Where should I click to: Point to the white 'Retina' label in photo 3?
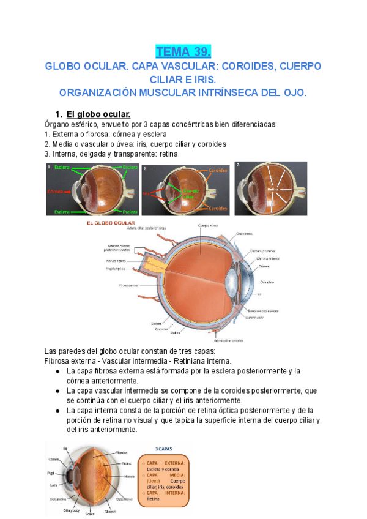click(273, 190)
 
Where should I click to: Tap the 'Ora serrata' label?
click(244, 233)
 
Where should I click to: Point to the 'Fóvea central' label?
click(129, 286)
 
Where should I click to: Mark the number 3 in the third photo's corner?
click(238, 165)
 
